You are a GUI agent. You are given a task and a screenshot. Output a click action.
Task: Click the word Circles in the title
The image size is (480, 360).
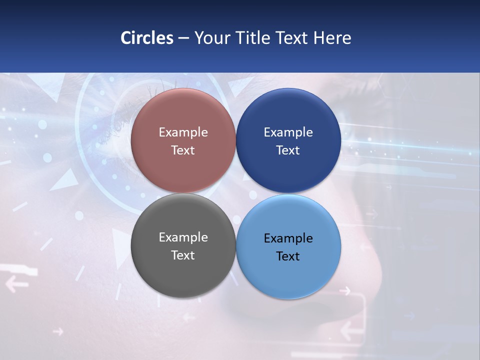pos(147,38)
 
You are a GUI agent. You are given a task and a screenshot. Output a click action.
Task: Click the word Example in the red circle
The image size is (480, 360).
pos(183,132)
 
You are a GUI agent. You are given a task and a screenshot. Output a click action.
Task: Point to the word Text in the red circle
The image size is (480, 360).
pos(183,150)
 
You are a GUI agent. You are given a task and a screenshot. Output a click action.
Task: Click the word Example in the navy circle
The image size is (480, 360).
pos(288,132)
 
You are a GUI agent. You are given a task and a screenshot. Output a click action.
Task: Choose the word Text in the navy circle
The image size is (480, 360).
pos(288,150)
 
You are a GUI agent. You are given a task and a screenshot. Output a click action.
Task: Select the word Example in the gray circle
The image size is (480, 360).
pos(183,237)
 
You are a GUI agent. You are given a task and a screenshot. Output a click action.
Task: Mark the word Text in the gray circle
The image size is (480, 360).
pos(183,255)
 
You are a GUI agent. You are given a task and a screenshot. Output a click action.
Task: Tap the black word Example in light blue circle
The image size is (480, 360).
pos(288,238)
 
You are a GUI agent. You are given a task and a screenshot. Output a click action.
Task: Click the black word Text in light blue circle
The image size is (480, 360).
pos(288,256)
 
